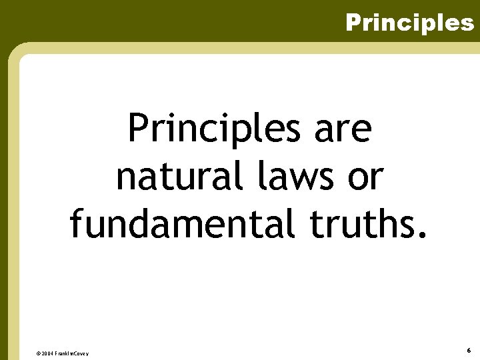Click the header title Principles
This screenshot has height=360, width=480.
(409, 23)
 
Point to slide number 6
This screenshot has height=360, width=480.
(469, 350)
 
